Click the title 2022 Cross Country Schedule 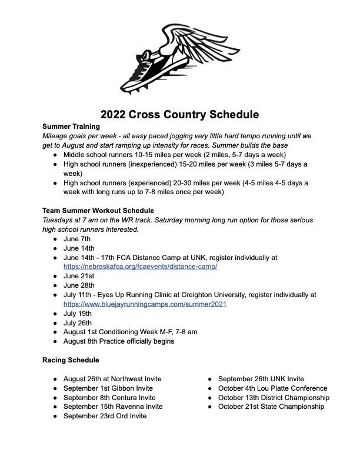(179, 114)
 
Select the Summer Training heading (71, 126)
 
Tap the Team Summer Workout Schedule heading (98, 211)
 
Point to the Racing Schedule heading (71, 360)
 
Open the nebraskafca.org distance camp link (141, 267)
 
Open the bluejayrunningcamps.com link (145, 304)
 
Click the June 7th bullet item (77, 239)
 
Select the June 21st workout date (78, 276)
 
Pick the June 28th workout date (78, 285)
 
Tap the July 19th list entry (77, 313)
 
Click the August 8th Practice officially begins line (118, 341)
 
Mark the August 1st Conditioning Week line (130, 332)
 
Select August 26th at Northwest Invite (112, 379)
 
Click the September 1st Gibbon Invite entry (108, 388)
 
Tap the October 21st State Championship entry (271, 407)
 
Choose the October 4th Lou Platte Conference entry (272, 388)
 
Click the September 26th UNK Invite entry (261, 379)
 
